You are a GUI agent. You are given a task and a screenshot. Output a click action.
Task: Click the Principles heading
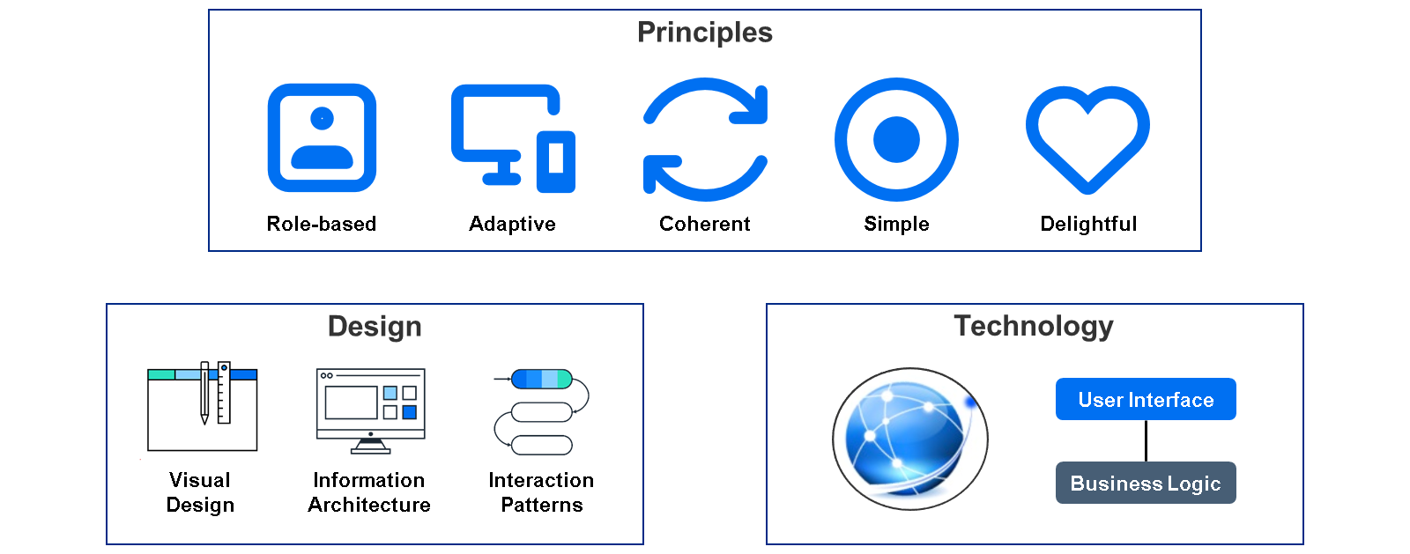704,33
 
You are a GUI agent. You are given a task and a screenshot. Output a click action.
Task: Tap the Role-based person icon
322,137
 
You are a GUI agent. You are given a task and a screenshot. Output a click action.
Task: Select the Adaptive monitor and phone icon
513,138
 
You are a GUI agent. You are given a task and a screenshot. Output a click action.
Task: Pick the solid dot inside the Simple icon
896,139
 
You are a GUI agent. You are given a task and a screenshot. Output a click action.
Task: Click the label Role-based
321,224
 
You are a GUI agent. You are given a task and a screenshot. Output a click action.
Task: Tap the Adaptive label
512,225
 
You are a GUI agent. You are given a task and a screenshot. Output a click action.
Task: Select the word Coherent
704,224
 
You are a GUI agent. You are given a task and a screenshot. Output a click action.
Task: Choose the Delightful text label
1088,225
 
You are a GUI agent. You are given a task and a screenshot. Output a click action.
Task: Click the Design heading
375,327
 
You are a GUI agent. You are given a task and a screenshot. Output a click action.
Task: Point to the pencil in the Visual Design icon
204,393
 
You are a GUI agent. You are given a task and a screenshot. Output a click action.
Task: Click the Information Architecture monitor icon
371,410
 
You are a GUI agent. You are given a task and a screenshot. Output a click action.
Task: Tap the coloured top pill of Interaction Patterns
542,380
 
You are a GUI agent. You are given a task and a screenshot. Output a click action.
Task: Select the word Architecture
369,505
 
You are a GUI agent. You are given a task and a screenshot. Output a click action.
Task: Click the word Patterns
542,505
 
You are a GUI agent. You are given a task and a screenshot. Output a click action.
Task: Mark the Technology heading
1034,327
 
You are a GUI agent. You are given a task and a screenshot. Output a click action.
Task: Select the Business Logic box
1146,483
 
